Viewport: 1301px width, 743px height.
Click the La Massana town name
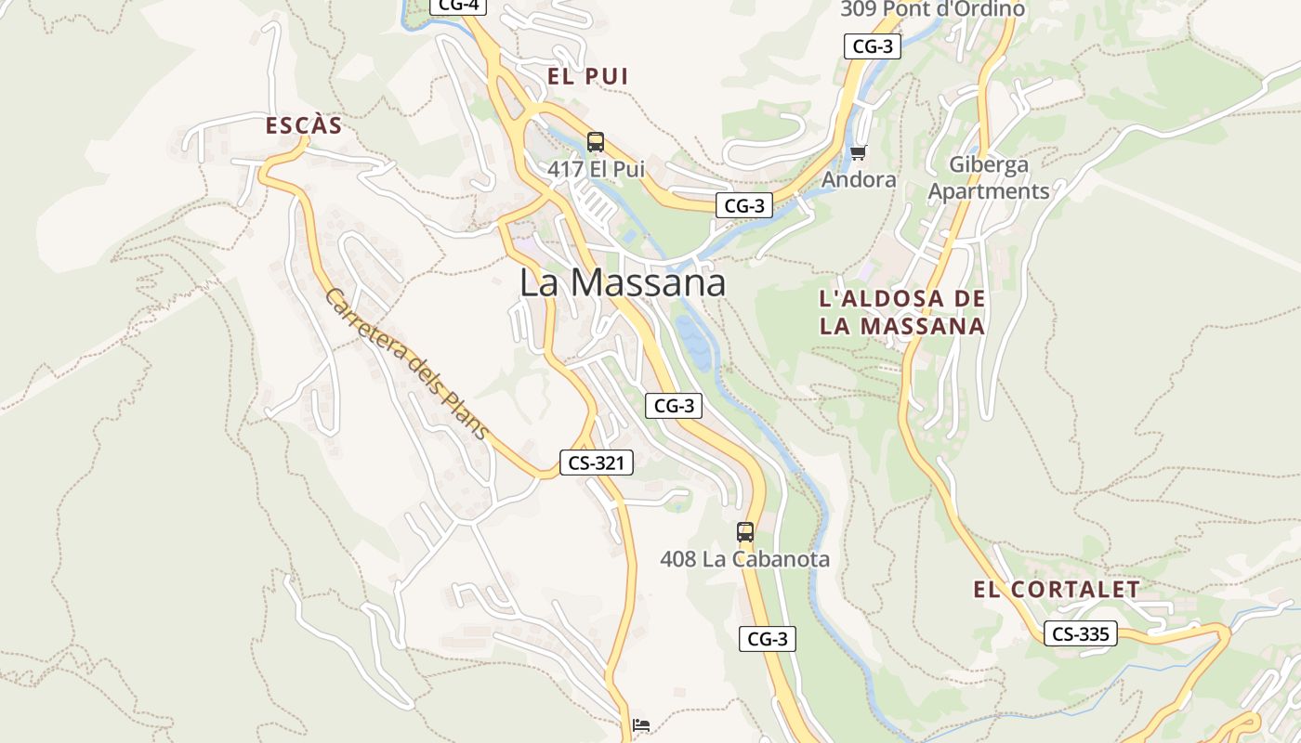[622, 282]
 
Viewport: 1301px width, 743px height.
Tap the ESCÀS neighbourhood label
[304, 126]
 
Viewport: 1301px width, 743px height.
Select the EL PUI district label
[588, 77]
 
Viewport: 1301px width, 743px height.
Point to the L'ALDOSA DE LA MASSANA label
[901, 312]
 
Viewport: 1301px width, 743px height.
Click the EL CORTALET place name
[1057, 590]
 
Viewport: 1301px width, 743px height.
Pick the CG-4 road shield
[458, 6]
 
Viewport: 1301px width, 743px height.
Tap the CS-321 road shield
[596, 463]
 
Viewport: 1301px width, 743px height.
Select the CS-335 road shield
[1080, 634]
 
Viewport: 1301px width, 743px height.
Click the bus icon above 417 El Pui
[596, 142]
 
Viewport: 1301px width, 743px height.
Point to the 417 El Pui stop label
[596, 170]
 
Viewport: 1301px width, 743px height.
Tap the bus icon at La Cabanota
[745, 532]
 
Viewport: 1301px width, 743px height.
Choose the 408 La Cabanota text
[744, 559]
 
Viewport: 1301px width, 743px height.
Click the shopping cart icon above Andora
[858, 152]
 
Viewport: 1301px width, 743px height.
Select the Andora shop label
[860, 180]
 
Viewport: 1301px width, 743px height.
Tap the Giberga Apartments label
[989, 178]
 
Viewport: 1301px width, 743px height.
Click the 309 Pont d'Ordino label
[932, 9]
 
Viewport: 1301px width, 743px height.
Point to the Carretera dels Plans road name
[406, 363]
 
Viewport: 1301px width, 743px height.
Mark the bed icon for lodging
[640, 725]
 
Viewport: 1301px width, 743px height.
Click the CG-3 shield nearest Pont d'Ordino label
[873, 46]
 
